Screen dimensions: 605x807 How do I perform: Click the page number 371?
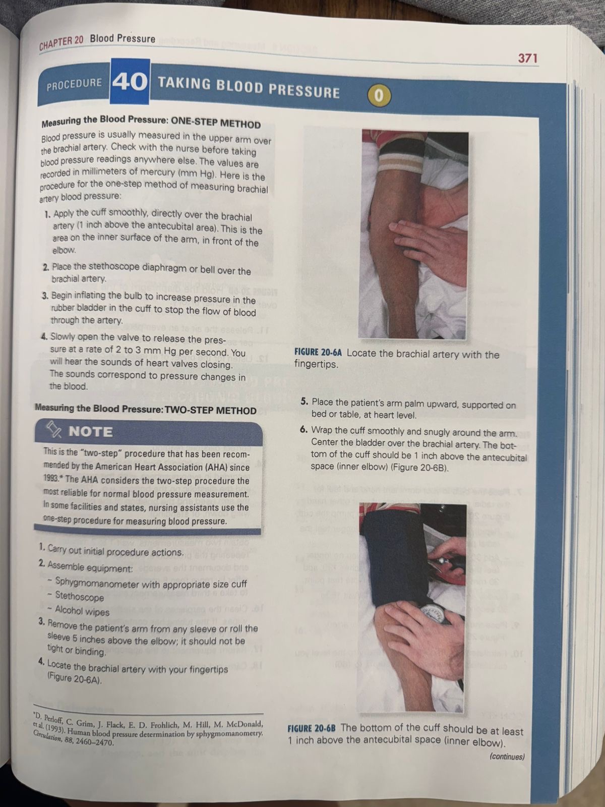point(528,59)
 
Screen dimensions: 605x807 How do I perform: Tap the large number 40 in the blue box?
point(130,82)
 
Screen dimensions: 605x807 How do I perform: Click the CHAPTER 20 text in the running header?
point(62,42)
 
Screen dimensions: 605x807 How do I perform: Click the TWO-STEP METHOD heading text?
point(211,410)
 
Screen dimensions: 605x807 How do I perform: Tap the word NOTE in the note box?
point(91,432)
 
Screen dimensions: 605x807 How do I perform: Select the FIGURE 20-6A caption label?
point(318,353)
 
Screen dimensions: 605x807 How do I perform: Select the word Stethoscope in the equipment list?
point(79,596)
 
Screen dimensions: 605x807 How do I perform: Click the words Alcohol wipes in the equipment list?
point(82,611)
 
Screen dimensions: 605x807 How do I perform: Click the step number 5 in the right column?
point(304,402)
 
